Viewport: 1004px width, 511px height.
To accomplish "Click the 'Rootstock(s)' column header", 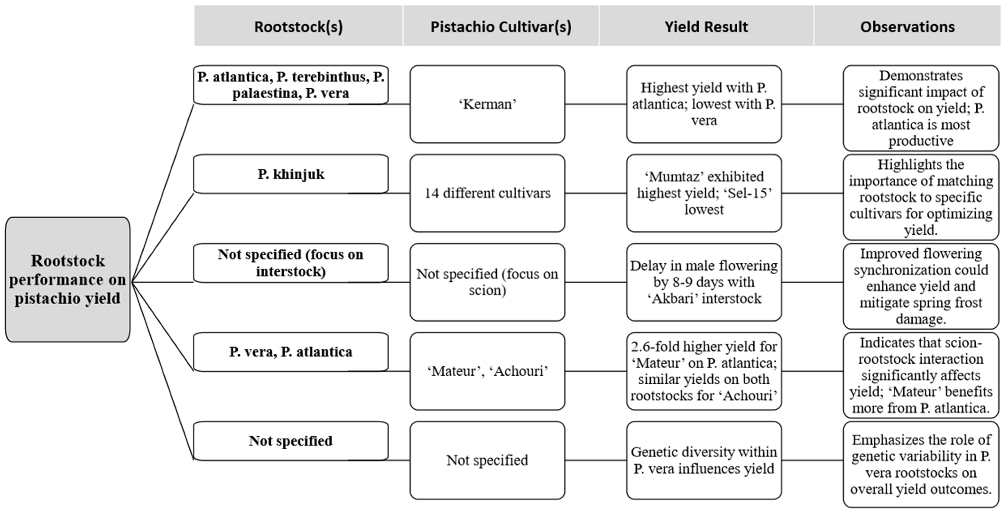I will [x=298, y=27].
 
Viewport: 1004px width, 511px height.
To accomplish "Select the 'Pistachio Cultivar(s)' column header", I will [x=501, y=27].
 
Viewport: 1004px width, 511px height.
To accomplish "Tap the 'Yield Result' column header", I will [x=706, y=27].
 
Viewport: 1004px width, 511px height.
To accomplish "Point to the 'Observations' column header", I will [x=907, y=27].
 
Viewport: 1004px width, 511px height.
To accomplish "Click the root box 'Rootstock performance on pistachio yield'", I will [x=67, y=279].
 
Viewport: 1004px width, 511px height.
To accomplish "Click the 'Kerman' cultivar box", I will [x=487, y=104].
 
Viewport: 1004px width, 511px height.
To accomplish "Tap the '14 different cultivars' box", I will [x=487, y=193].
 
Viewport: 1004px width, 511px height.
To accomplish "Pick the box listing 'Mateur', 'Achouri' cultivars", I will [x=487, y=371].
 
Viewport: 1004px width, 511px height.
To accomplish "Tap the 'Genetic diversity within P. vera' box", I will [x=704, y=460].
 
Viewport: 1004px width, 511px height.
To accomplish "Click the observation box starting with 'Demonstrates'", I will [x=921, y=108].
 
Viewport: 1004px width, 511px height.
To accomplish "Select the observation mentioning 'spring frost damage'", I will [x=921, y=286].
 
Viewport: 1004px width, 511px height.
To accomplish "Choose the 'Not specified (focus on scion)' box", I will [x=487, y=282].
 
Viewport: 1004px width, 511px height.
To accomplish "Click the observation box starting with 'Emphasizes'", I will [x=921, y=464].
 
